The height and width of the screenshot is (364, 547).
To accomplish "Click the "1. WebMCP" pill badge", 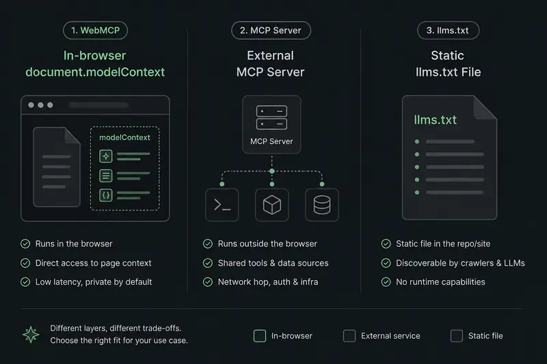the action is tap(95, 30).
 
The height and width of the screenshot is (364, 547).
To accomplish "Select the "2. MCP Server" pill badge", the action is tap(271, 30).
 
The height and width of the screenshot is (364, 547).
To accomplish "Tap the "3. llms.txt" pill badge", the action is tap(448, 30).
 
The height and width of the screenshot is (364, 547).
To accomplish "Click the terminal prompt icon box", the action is tap(222, 205).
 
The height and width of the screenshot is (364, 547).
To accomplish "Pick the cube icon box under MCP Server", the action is tap(272, 205).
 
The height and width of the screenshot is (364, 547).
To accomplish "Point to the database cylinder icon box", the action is tap(322, 205).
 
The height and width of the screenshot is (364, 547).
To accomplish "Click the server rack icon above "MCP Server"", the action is tap(271, 117).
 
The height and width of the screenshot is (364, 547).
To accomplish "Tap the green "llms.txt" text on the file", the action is tap(435, 120).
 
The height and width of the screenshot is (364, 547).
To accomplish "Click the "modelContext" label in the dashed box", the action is tap(124, 137).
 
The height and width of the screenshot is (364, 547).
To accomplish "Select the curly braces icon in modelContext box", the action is tap(106, 195).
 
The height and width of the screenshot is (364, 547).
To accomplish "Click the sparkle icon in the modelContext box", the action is tap(106, 156).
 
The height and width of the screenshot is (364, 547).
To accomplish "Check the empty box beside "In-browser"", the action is tap(260, 336).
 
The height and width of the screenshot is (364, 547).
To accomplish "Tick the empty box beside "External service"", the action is tap(349, 336).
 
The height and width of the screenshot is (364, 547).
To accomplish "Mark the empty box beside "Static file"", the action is tap(457, 336).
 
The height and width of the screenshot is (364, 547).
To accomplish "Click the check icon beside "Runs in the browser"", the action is tap(25, 244).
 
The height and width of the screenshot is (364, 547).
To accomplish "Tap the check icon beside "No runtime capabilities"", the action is tap(386, 282).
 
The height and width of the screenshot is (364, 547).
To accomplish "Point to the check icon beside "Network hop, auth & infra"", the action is tap(208, 282).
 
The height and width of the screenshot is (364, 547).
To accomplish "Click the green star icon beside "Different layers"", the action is tap(31, 335).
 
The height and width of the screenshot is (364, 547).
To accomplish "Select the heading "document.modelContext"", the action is tap(95, 72).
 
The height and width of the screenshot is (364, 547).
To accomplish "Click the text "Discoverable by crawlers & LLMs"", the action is tap(460, 263).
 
